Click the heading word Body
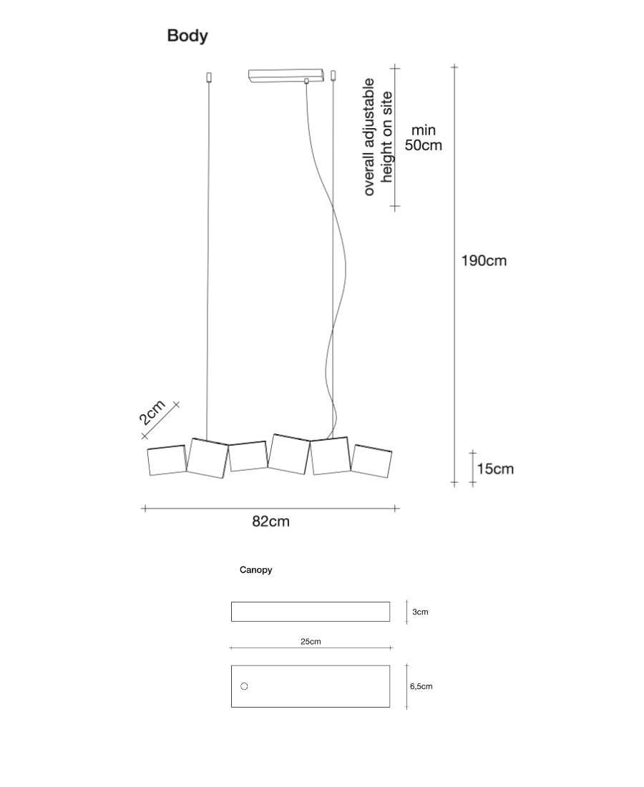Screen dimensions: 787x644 [x=187, y=36]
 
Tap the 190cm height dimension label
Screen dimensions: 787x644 [x=483, y=260]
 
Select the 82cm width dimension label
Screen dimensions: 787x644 [x=270, y=522]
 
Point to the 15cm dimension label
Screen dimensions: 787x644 [x=495, y=469]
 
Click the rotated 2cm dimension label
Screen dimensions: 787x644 [x=152, y=413]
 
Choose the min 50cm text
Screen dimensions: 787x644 [x=423, y=137]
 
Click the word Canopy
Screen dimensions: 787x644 [x=255, y=570]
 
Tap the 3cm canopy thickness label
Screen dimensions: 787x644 [x=420, y=612]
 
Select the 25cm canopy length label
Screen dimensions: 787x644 [x=311, y=642]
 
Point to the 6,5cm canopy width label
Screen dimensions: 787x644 [x=421, y=687]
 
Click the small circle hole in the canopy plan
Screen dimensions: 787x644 [x=244, y=687]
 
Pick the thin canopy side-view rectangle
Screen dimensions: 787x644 [x=311, y=612]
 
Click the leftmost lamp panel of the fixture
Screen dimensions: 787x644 [x=167, y=461]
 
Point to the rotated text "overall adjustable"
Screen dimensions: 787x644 [x=369, y=137]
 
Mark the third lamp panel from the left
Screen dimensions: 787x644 [x=248, y=456]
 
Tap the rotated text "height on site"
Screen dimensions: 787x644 [x=387, y=137]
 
